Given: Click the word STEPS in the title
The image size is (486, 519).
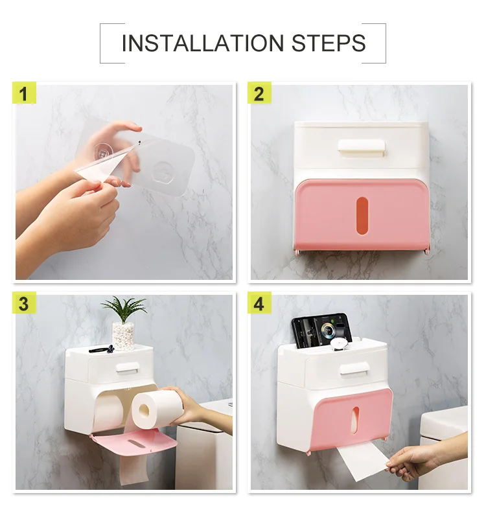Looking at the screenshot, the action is tap(329, 43).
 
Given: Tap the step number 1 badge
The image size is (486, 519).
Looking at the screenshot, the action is tap(24, 93).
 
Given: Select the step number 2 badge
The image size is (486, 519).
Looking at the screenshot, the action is tap(259, 93).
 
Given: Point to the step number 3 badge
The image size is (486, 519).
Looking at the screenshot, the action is tap(24, 303).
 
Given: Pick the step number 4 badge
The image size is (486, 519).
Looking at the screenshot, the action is tap(259, 303).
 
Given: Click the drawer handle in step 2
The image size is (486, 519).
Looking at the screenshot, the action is tap(362, 147).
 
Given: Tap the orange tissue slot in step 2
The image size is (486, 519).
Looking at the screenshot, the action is tap(362, 216).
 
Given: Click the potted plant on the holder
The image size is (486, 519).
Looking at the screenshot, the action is tap(123, 323).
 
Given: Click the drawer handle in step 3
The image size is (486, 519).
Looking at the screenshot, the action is tap(127, 367).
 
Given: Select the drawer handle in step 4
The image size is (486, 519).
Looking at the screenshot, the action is tap(355, 368).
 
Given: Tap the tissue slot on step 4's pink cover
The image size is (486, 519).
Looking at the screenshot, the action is tap(354, 419).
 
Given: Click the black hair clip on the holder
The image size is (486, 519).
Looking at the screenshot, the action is tap(102, 349).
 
